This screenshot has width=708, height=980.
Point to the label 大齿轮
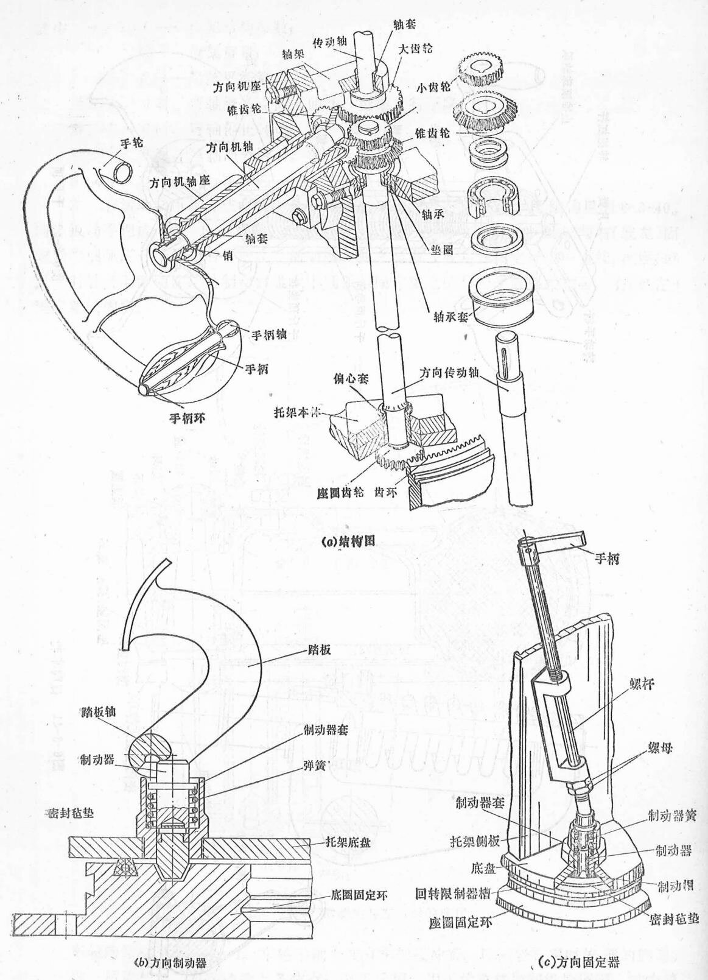tap(416, 48)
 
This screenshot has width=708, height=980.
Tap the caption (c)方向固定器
tap(580, 963)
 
